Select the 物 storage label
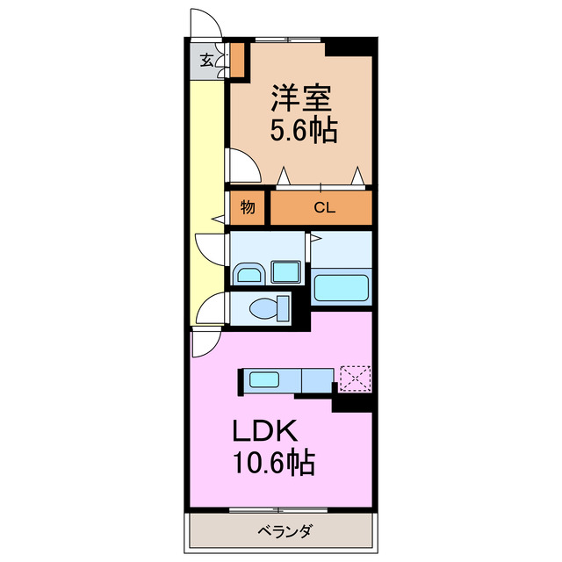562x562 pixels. (x=249, y=208)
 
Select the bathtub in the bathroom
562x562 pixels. (x=342, y=287)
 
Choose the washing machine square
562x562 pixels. (x=285, y=273)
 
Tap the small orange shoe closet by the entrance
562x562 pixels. (x=236, y=60)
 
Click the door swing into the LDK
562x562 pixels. (x=204, y=342)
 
